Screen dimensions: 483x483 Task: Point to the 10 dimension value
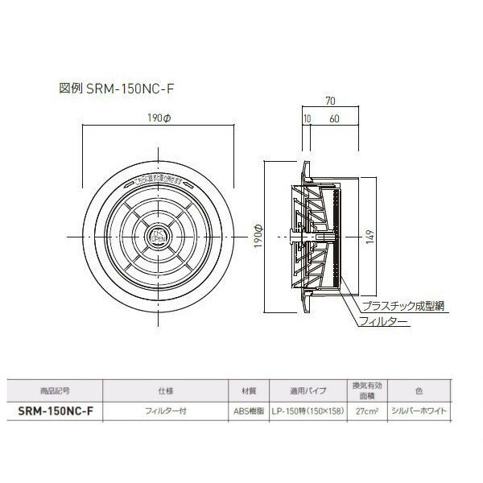[307, 119]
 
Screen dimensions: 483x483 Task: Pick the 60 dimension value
[333, 119]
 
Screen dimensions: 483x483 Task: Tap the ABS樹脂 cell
[248, 410]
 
